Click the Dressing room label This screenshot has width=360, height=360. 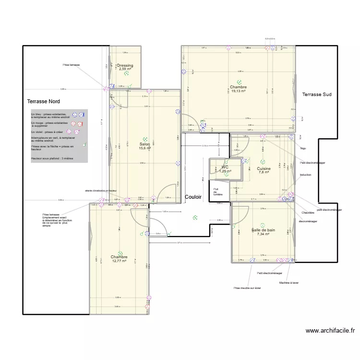tap(125, 66)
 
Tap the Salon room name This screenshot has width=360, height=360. tap(144, 144)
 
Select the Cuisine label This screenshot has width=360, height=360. tap(264, 169)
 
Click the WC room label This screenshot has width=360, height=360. tap(225, 167)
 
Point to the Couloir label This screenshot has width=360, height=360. tap(193, 197)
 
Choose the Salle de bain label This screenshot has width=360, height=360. tap(263, 230)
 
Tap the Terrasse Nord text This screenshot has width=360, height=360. tap(44, 102)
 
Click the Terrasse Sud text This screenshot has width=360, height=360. tap(317, 95)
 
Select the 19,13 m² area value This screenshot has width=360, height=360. tap(238, 91)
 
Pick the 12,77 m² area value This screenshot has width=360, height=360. tap(119, 261)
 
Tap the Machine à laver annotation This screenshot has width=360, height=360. tap(289, 283)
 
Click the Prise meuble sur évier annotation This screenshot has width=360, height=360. tap(247, 288)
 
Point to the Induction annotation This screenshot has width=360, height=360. tap(305, 175)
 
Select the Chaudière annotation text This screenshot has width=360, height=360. tap(308, 213)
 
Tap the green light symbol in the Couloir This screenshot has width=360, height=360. tap(195, 217)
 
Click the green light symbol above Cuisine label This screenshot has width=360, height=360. tap(263, 162)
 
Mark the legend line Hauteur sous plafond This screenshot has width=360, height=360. tap(51, 158)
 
